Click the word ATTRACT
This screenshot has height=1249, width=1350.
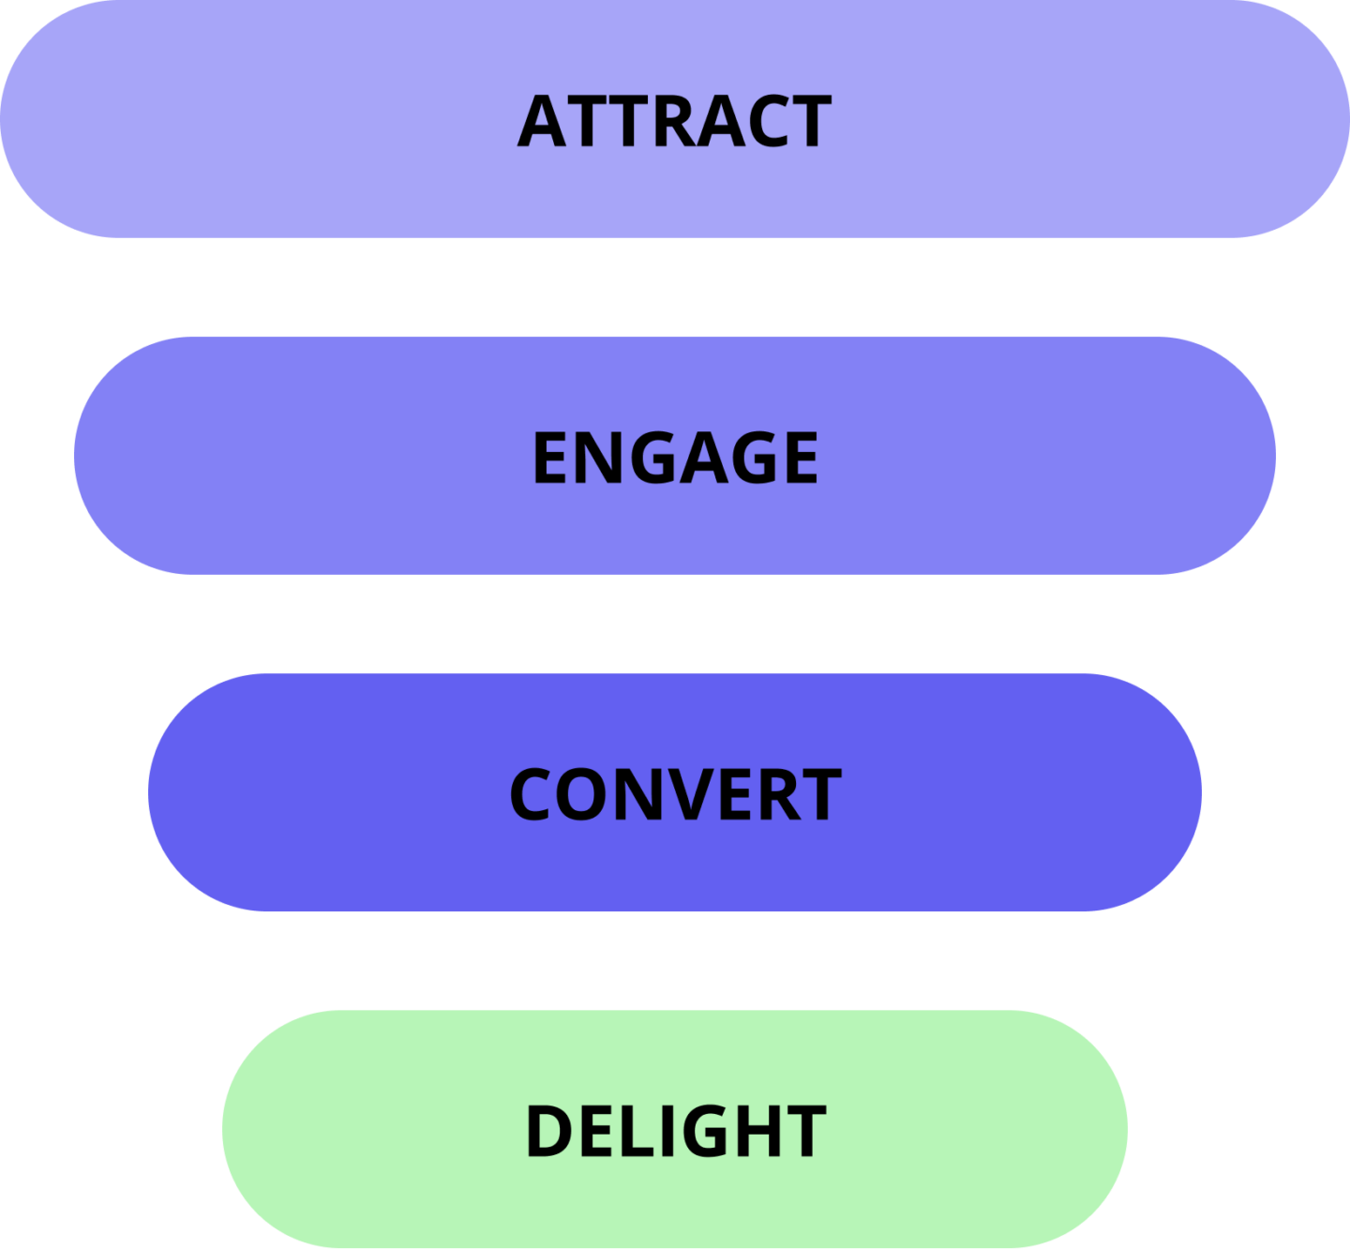(674, 120)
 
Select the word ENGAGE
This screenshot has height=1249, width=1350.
(676, 457)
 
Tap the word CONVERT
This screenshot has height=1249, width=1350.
(676, 793)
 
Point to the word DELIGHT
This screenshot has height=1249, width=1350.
(676, 1131)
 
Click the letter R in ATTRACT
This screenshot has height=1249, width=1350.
(675, 120)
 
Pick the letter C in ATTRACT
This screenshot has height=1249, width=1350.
(770, 120)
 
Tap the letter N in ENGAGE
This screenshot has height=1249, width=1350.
(599, 457)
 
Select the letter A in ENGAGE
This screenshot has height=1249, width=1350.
(704, 457)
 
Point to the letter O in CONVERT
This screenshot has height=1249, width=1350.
(581, 793)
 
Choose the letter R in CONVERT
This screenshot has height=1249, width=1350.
(780, 793)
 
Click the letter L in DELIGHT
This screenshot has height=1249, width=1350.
(637, 1131)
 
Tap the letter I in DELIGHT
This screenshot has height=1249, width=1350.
(667, 1131)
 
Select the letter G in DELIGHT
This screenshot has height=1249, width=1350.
(706, 1131)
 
